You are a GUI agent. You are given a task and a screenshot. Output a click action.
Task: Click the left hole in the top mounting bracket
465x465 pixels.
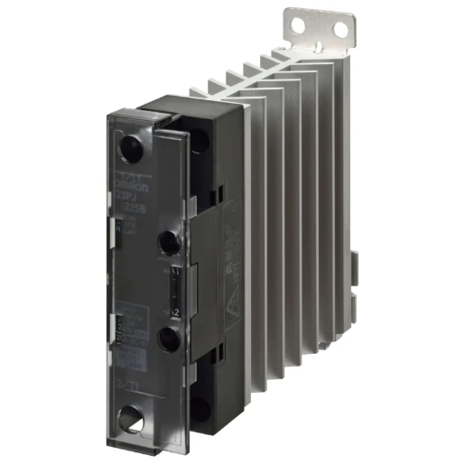pyautogui.click(x=319, y=25)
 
